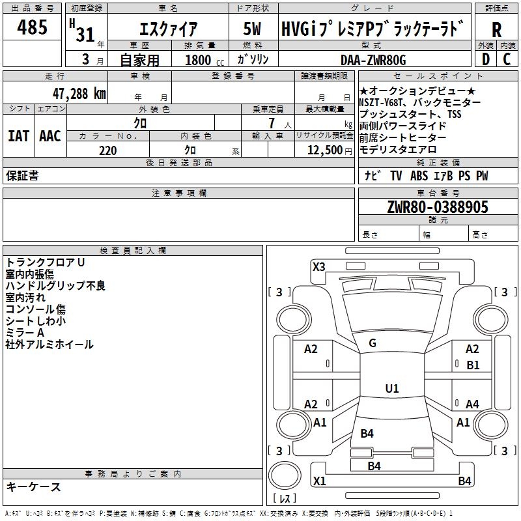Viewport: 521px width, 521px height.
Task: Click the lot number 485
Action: pos(33,28)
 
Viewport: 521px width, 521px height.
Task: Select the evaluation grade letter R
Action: pos(496,29)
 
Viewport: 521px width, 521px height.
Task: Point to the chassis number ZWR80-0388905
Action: pos(437,207)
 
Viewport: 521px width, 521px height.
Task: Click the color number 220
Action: pos(107,150)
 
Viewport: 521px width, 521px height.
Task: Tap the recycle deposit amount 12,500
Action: pos(324,150)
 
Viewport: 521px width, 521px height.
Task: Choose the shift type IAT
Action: pos(19,136)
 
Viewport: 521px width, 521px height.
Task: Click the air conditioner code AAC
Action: pos(50,136)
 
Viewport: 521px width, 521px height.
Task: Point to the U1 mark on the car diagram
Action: pos(391,389)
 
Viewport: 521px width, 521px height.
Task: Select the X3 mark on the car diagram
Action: pos(319,266)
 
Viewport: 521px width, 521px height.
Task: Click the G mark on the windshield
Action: pos(373,343)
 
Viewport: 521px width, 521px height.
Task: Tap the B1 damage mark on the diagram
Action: pos(473,365)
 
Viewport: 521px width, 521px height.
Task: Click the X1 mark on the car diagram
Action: pos(319,481)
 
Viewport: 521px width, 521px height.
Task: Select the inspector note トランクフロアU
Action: pos(45,262)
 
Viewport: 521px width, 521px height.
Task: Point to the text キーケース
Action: pos(33,486)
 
